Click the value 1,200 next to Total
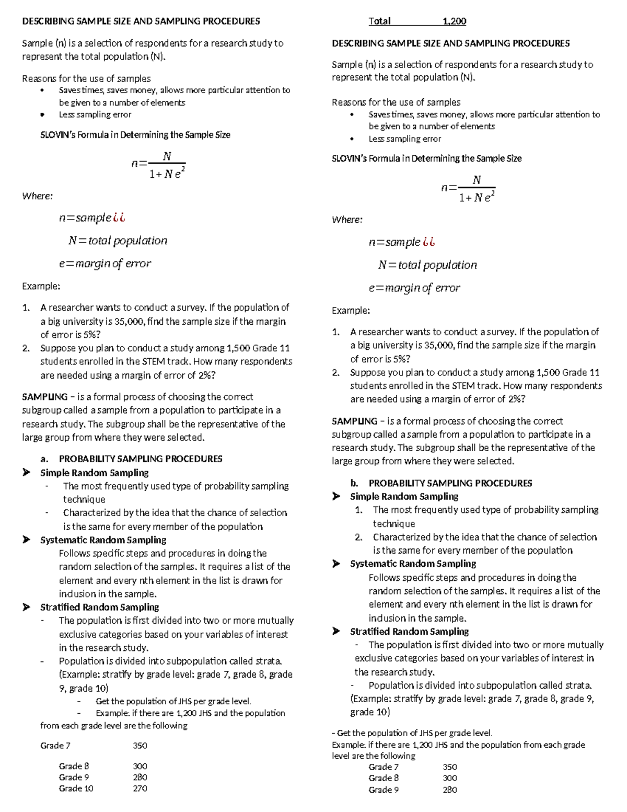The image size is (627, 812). (454, 21)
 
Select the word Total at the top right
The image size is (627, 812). (379, 21)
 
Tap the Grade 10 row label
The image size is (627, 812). (76, 788)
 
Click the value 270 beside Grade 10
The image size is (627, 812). (140, 788)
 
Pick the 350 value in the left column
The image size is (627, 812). (140, 746)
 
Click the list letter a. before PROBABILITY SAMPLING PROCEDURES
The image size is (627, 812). (44, 459)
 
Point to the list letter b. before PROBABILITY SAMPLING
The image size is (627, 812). (354, 483)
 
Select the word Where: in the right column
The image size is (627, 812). (347, 220)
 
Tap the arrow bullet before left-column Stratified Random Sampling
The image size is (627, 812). (26, 608)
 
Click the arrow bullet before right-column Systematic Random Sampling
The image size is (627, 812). (336, 564)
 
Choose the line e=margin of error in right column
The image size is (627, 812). (414, 288)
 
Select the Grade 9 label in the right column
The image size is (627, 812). (384, 790)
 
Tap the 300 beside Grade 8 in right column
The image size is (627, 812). (449, 778)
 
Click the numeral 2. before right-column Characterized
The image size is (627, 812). (358, 537)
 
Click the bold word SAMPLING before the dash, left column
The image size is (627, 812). (44, 397)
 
